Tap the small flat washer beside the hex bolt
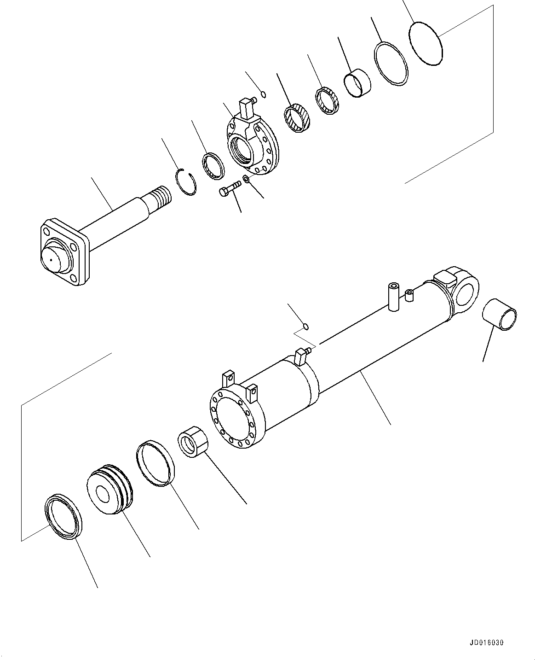246,179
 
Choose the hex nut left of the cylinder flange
193,441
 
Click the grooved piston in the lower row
109,489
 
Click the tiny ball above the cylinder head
263,94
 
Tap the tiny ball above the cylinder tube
306,327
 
